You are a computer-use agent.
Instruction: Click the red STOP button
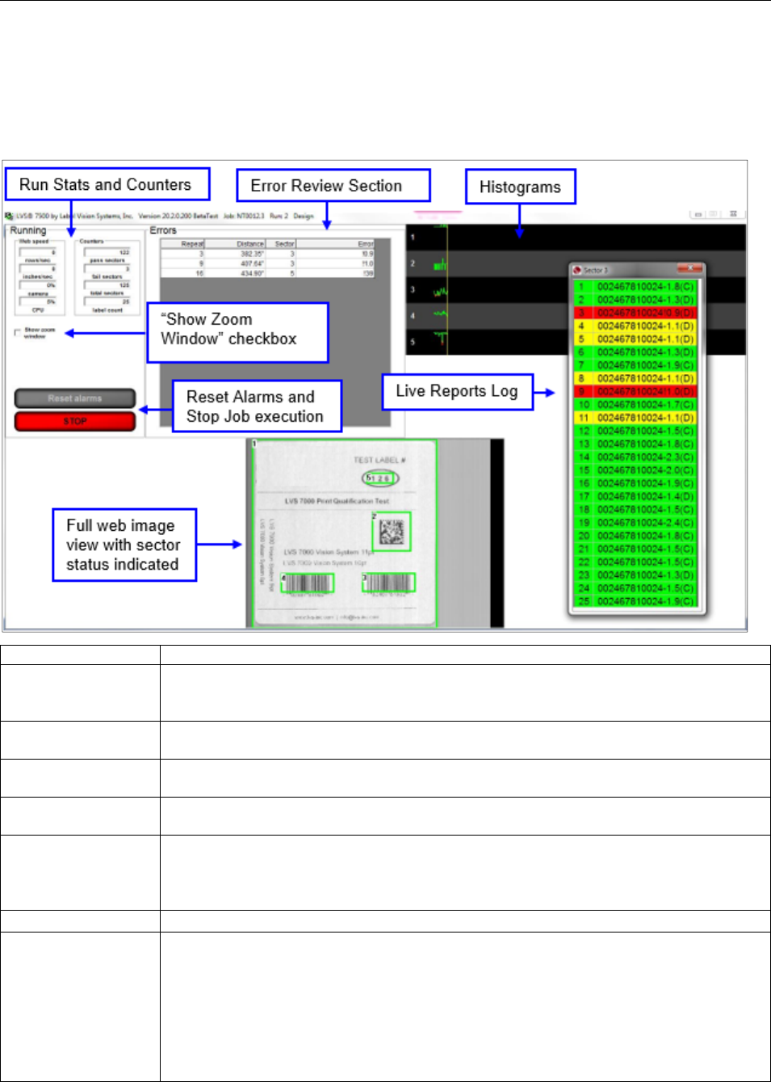[x=75, y=421]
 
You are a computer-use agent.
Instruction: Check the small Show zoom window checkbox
[x=18, y=332]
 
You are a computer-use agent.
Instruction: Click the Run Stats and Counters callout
[x=106, y=185]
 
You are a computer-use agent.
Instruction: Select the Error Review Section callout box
[x=333, y=186]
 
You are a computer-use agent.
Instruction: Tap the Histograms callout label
[x=520, y=187]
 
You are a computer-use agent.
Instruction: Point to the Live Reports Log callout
[x=457, y=392]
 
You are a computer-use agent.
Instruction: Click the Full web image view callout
[x=124, y=545]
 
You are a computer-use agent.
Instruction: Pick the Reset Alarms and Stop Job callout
[x=256, y=406]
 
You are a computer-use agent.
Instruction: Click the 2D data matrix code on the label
[x=392, y=532]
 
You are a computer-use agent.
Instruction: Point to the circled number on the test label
[x=379, y=478]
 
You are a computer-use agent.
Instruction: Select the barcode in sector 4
[x=308, y=583]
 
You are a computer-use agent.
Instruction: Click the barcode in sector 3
[x=390, y=582]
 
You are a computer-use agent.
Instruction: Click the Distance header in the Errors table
[x=249, y=243]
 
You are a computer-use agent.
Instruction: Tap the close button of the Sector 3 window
[x=690, y=269]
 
